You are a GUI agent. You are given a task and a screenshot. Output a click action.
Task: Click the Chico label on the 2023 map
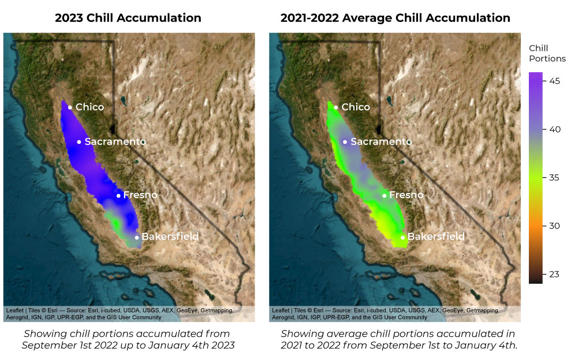pos(89,107)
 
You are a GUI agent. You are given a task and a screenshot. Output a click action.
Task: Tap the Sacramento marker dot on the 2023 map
pos(79,142)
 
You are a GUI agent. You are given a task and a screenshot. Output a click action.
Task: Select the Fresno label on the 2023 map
pos(140,195)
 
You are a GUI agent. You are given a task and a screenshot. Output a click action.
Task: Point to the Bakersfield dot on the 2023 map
pos(137,237)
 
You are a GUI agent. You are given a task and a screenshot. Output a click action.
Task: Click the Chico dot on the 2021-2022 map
pos(336,107)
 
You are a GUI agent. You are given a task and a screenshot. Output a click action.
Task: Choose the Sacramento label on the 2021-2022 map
pos(381,142)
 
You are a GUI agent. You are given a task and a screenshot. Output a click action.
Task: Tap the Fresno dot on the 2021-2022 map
pos(385,195)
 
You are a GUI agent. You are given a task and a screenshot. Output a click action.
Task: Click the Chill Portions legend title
pos(547,53)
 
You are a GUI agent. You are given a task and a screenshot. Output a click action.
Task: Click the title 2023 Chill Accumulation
pos(128,18)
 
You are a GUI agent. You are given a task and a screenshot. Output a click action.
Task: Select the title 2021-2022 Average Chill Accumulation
pos(395,18)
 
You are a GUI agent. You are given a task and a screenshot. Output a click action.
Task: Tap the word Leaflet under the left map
pos(16,310)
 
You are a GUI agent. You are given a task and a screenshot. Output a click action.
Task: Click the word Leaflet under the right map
pos(282,310)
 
